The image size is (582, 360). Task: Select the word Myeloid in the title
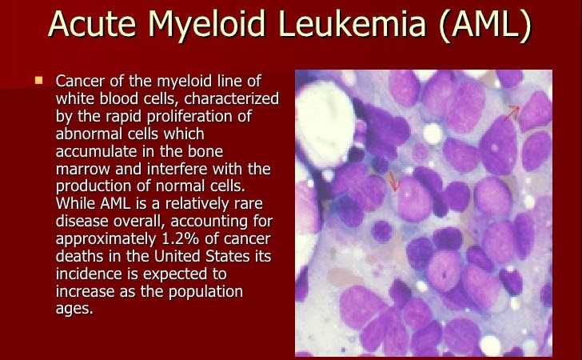tap(207, 26)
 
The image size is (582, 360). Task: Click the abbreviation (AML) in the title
tap(484, 25)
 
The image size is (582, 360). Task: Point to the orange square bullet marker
tap(38, 80)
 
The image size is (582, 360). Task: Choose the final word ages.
tap(74, 310)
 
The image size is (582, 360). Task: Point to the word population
tap(206, 292)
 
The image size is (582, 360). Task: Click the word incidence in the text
tap(88, 274)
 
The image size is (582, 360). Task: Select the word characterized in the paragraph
tap(232, 99)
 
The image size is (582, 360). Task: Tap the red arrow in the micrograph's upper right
tap(512, 113)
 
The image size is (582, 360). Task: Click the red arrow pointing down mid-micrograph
tap(393, 182)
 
